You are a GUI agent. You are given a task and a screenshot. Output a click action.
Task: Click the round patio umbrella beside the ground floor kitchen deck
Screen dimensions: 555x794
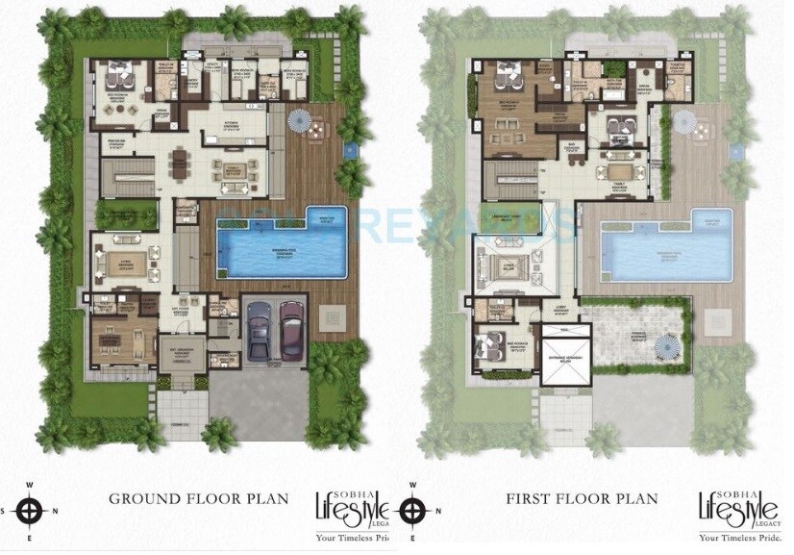[x=302, y=122]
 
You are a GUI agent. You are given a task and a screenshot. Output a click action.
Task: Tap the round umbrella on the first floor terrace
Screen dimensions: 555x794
[x=666, y=344]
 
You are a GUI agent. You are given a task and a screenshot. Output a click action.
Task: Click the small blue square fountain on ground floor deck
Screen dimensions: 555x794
[x=350, y=150]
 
